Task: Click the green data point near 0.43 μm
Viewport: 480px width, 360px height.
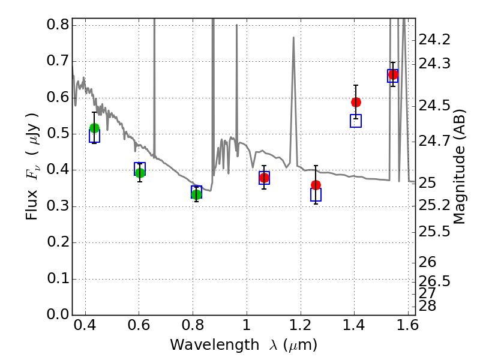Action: pyautogui.click(x=94, y=128)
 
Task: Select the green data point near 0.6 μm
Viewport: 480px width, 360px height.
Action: pyautogui.click(x=140, y=173)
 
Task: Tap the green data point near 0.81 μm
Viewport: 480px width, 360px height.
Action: pyautogui.click(x=196, y=194)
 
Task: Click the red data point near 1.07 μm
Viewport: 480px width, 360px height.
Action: pyautogui.click(x=264, y=178)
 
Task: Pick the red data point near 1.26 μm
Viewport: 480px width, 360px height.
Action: pyautogui.click(x=316, y=185)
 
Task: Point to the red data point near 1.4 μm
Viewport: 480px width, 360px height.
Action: pyautogui.click(x=356, y=102)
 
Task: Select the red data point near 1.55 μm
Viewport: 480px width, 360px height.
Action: pyautogui.click(x=393, y=75)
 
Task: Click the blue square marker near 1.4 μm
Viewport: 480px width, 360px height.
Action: pyautogui.click(x=356, y=121)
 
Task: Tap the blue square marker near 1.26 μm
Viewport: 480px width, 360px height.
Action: pyautogui.click(x=316, y=194)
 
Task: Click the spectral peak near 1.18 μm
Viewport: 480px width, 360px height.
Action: pyautogui.click(x=293, y=38)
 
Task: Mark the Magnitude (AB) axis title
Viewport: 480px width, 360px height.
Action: pyautogui.click(x=460, y=167)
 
